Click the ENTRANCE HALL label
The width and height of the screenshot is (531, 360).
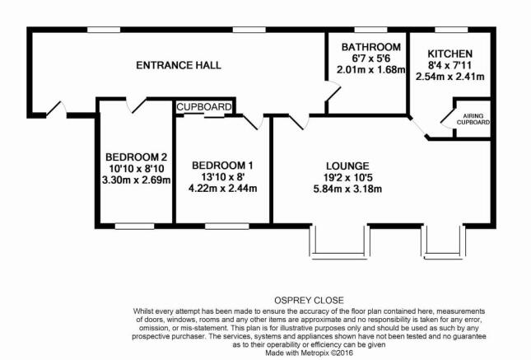click(x=179, y=65)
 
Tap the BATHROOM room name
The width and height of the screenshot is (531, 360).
click(x=371, y=47)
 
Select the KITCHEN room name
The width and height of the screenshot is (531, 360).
click(x=449, y=54)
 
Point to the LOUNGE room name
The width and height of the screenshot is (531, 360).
click(x=347, y=166)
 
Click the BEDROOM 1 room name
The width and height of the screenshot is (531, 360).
click(x=222, y=166)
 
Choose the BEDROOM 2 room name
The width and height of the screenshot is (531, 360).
click(x=136, y=157)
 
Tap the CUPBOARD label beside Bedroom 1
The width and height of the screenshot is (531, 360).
click(x=204, y=107)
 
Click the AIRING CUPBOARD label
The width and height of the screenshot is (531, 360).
click(x=473, y=119)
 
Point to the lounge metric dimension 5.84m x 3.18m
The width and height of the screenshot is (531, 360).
click(x=347, y=189)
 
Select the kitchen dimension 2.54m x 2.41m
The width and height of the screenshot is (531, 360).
click(x=449, y=77)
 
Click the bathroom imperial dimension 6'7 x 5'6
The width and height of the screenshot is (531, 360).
click(x=371, y=58)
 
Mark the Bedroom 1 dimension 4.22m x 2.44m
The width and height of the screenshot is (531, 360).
click(x=222, y=188)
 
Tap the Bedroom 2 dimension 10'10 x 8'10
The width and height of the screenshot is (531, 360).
click(x=136, y=169)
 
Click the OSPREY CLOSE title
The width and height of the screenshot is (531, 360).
click(x=309, y=301)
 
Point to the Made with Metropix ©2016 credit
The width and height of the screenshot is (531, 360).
click(x=309, y=353)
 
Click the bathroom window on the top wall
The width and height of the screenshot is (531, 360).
click(x=370, y=30)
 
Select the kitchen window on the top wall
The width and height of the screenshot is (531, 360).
click(x=451, y=30)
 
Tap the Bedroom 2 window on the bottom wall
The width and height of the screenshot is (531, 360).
click(x=134, y=226)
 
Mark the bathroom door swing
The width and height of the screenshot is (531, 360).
click(x=333, y=91)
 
